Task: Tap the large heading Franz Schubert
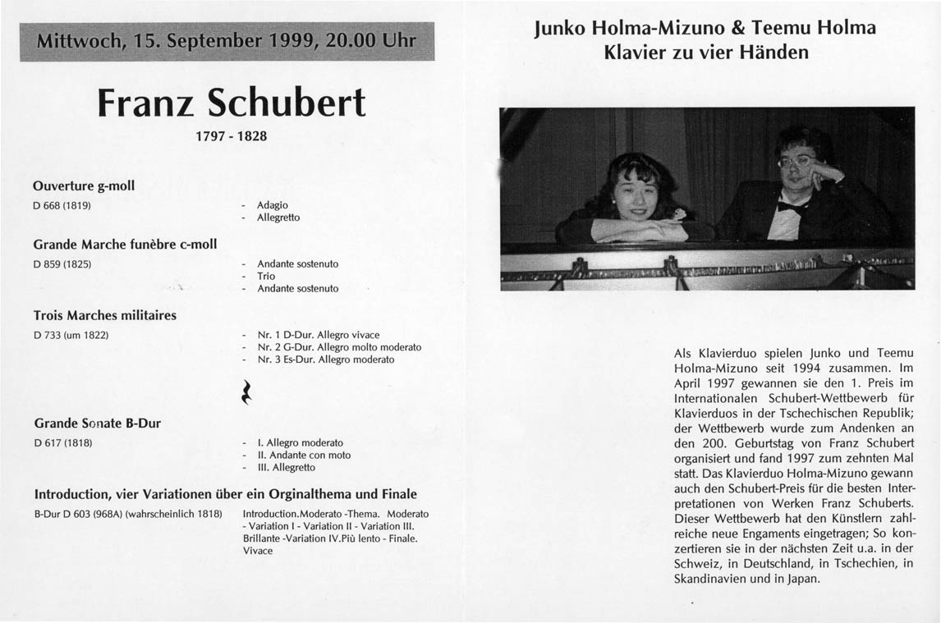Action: pos(231,103)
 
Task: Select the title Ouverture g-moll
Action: pos(84,186)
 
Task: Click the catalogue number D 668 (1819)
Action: pos(62,204)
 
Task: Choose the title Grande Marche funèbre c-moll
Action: pos(125,244)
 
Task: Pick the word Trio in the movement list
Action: pos(266,277)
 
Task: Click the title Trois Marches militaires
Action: pos(104,315)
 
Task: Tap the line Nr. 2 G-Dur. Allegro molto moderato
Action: pos(339,347)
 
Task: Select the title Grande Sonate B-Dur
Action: pos(97,424)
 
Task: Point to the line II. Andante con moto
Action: pos(304,455)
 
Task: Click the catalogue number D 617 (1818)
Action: pos(62,442)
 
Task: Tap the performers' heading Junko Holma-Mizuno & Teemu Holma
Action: pos(705,28)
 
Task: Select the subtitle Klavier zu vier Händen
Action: pos(705,53)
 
